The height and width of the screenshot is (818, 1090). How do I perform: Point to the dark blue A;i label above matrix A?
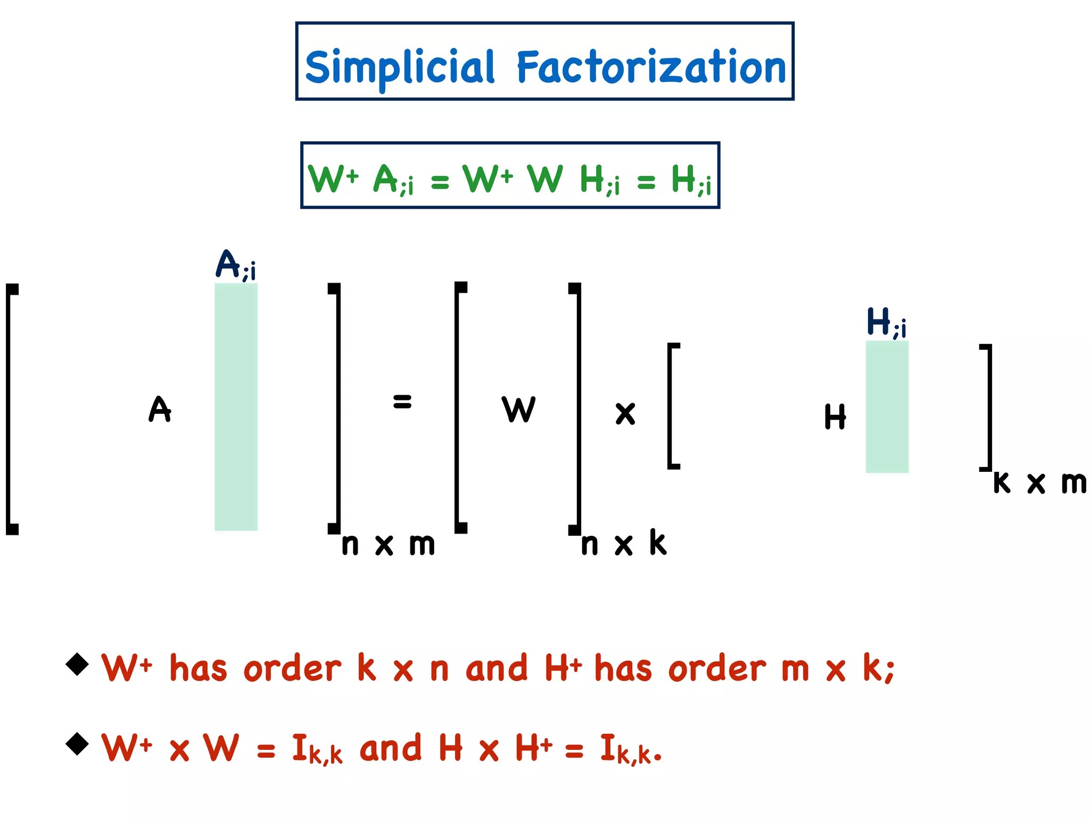click(235, 265)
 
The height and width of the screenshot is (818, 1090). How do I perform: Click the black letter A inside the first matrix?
click(160, 409)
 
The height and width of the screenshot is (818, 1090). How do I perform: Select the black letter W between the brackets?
click(518, 409)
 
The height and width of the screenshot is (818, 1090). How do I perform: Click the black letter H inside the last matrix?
click(835, 416)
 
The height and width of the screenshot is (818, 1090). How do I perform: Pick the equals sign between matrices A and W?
click(402, 401)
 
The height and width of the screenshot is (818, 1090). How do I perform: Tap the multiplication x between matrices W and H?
click(625, 413)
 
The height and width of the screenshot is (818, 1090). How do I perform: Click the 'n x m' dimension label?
click(388, 544)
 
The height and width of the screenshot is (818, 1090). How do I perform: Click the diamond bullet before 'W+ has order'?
click(77, 664)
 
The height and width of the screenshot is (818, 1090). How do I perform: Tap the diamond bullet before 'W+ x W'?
click(77, 743)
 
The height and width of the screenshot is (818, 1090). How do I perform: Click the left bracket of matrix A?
click(11, 408)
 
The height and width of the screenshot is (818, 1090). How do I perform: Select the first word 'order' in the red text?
click(292, 668)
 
